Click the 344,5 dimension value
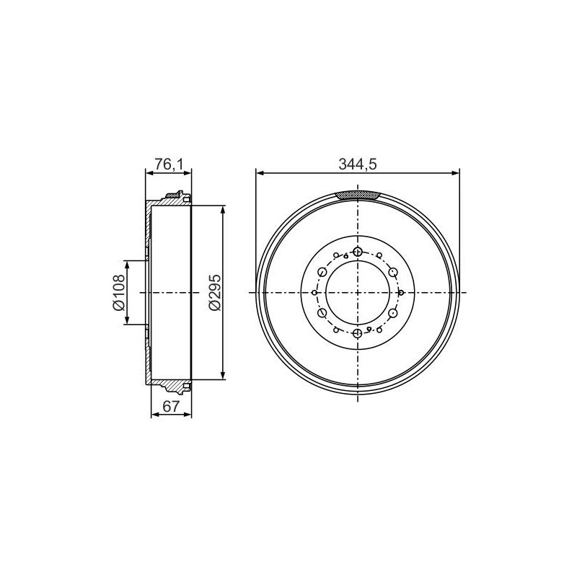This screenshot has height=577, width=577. pos(357,164)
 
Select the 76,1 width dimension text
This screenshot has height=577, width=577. pos(169,164)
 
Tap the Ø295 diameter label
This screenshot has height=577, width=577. pos(214,292)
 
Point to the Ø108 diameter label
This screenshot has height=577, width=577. pos(119,293)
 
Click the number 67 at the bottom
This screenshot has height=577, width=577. pos(171,406)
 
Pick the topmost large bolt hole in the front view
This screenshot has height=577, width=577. pos(357,252)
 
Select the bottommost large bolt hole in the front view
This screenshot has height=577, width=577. pos(357,333)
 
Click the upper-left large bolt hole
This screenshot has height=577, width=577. pos(322,273)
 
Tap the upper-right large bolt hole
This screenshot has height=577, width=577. pos(393,273)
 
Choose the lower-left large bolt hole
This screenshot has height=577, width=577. pos(322,313)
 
